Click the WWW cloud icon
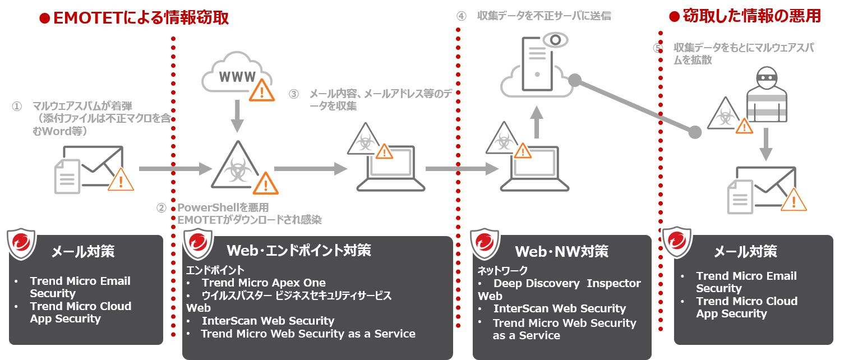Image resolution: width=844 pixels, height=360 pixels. (x=236, y=75)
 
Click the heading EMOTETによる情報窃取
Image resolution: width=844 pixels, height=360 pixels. (x=141, y=18)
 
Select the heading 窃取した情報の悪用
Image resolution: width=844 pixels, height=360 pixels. (x=751, y=16)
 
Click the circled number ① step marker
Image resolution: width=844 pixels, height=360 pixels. (x=17, y=106)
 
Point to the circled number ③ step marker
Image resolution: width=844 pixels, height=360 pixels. (x=294, y=94)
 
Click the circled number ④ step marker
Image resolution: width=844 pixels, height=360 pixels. (x=461, y=16)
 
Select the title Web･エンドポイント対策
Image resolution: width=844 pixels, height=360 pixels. (x=298, y=250)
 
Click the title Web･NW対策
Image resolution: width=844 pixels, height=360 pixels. (x=561, y=251)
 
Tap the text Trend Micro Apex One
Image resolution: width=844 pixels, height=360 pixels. (x=264, y=283)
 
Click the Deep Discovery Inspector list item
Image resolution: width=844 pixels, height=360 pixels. (x=566, y=283)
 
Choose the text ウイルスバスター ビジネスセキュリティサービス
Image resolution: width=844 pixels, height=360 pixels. (x=296, y=296)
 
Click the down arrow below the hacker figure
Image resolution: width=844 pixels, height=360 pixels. (x=765, y=145)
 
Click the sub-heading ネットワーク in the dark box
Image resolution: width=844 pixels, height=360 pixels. (x=502, y=271)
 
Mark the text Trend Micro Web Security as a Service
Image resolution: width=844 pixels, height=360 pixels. (x=308, y=334)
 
